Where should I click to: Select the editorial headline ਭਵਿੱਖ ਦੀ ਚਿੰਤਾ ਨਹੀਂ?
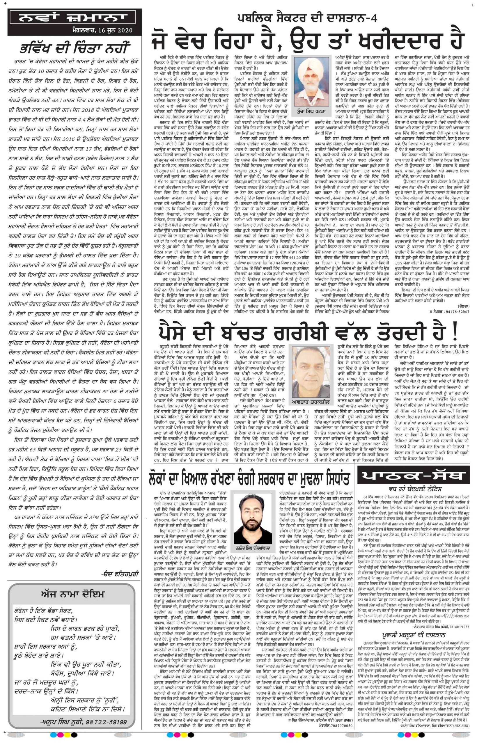73,49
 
